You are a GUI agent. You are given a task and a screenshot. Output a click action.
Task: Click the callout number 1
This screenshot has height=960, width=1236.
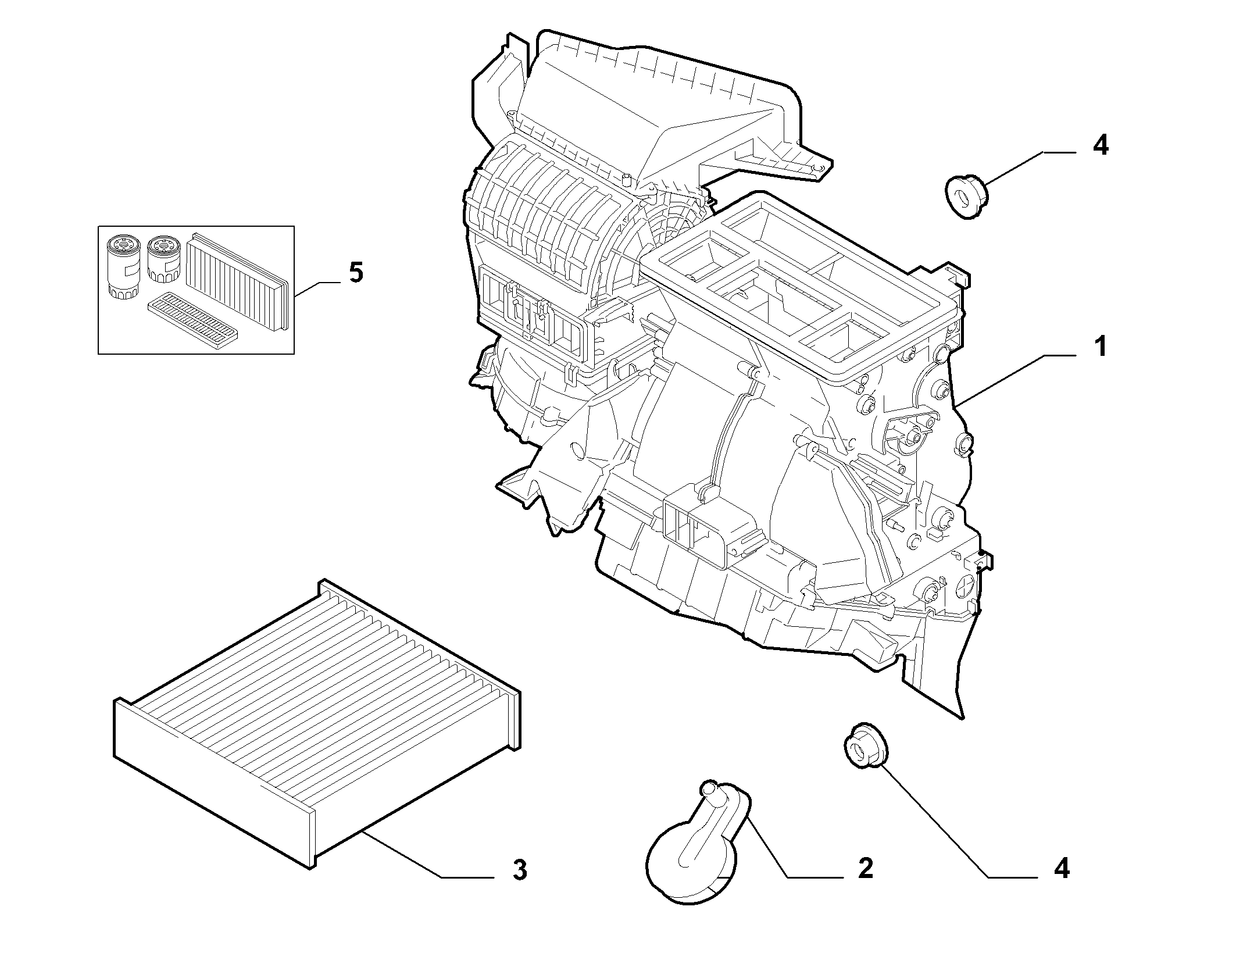click(x=1099, y=347)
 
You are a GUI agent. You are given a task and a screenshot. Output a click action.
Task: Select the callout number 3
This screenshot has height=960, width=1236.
click(x=520, y=886)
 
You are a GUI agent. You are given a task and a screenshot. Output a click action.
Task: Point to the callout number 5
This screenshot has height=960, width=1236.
click(x=355, y=272)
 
